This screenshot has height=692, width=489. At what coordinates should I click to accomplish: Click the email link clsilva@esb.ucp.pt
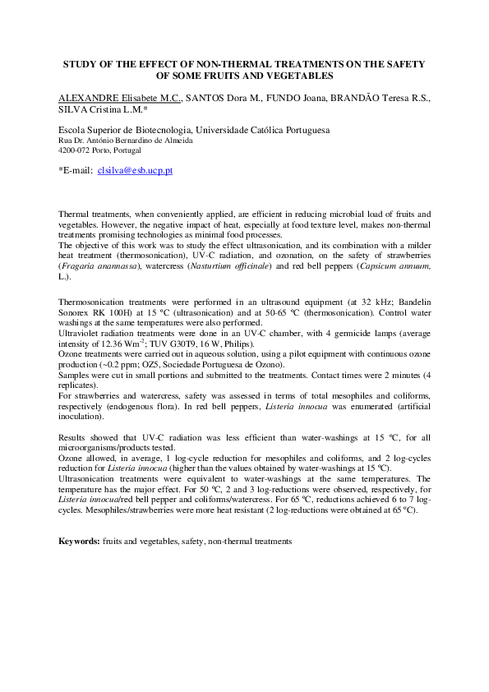coord(135,171)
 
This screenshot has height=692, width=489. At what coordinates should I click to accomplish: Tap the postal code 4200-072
coord(76,151)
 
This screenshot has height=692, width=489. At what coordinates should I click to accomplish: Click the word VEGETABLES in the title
coord(297,76)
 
